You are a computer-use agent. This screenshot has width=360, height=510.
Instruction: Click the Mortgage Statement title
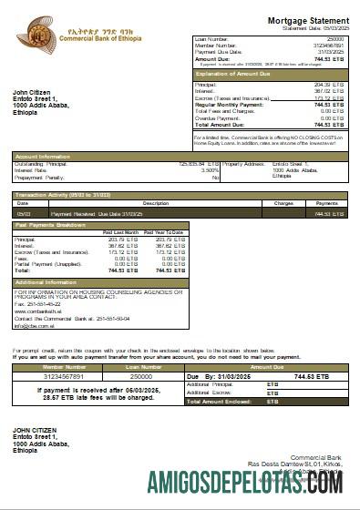pos(308,20)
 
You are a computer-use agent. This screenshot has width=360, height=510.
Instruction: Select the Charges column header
pos(283,203)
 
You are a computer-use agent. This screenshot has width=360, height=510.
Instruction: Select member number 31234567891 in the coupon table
pos(57,375)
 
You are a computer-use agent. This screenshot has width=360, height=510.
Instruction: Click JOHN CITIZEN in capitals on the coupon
pos(34,429)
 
